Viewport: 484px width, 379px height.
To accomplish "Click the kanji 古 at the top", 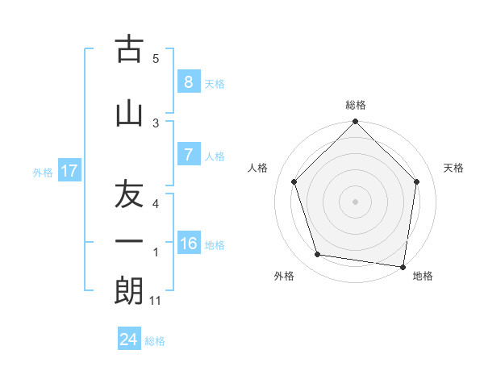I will tap(129, 50).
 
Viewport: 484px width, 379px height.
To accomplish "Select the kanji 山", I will tap(129, 113).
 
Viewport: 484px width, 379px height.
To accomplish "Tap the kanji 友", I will tap(129, 196).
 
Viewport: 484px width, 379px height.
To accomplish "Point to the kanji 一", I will tap(129, 241).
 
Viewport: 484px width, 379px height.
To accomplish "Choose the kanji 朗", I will tap(129, 290).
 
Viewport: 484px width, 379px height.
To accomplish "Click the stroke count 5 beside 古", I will tap(156, 59).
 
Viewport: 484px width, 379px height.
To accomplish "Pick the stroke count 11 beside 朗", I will tap(156, 301).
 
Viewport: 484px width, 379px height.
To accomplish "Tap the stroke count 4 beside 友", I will tap(156, 204).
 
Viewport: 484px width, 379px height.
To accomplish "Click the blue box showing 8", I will tap(188, 82).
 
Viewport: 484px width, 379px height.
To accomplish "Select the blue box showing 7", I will tap(188, 155).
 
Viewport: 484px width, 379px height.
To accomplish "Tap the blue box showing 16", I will tap(189, 244).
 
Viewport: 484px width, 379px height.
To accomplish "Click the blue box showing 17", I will tap(69, 171).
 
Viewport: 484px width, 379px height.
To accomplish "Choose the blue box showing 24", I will tap(128, 339).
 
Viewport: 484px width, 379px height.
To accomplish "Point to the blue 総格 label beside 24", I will tap(155, 341).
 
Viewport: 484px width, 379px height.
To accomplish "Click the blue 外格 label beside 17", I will tap(43, 172).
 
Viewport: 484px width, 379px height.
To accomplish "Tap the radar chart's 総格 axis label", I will tap(356, 105).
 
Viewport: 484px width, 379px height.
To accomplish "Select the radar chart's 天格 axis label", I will tap(454, 168).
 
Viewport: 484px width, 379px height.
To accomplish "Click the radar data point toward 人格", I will tap(294, 182).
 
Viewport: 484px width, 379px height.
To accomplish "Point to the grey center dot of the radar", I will tap(355, 201).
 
